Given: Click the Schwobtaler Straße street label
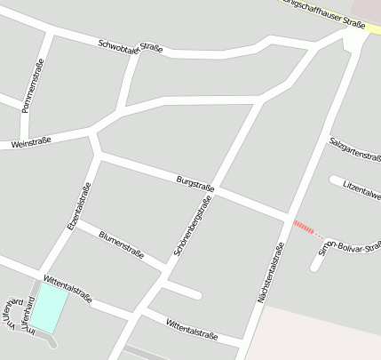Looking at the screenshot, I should [x=130, y=46].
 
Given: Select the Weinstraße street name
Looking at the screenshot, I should [x=31, y=142].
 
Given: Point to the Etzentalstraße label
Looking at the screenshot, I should [x=79, y=206].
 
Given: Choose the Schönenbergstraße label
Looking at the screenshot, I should [x=194, y=228].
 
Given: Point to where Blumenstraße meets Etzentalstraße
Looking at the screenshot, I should [x=76, y=222].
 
